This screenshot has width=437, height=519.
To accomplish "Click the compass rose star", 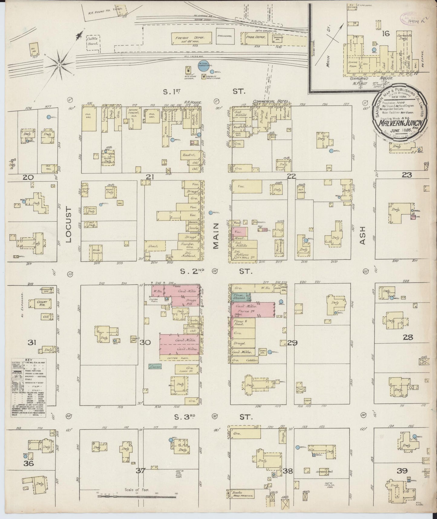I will (x=60, y=64).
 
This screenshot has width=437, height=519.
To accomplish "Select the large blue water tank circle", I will (x=202, y=66).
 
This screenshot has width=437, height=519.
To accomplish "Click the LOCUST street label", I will (x=68, y=225).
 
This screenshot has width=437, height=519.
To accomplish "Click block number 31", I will (x=32, y=342).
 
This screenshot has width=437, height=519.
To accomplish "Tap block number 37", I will (x=141, y=470).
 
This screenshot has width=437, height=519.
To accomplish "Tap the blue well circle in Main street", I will (x=210, y=213).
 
